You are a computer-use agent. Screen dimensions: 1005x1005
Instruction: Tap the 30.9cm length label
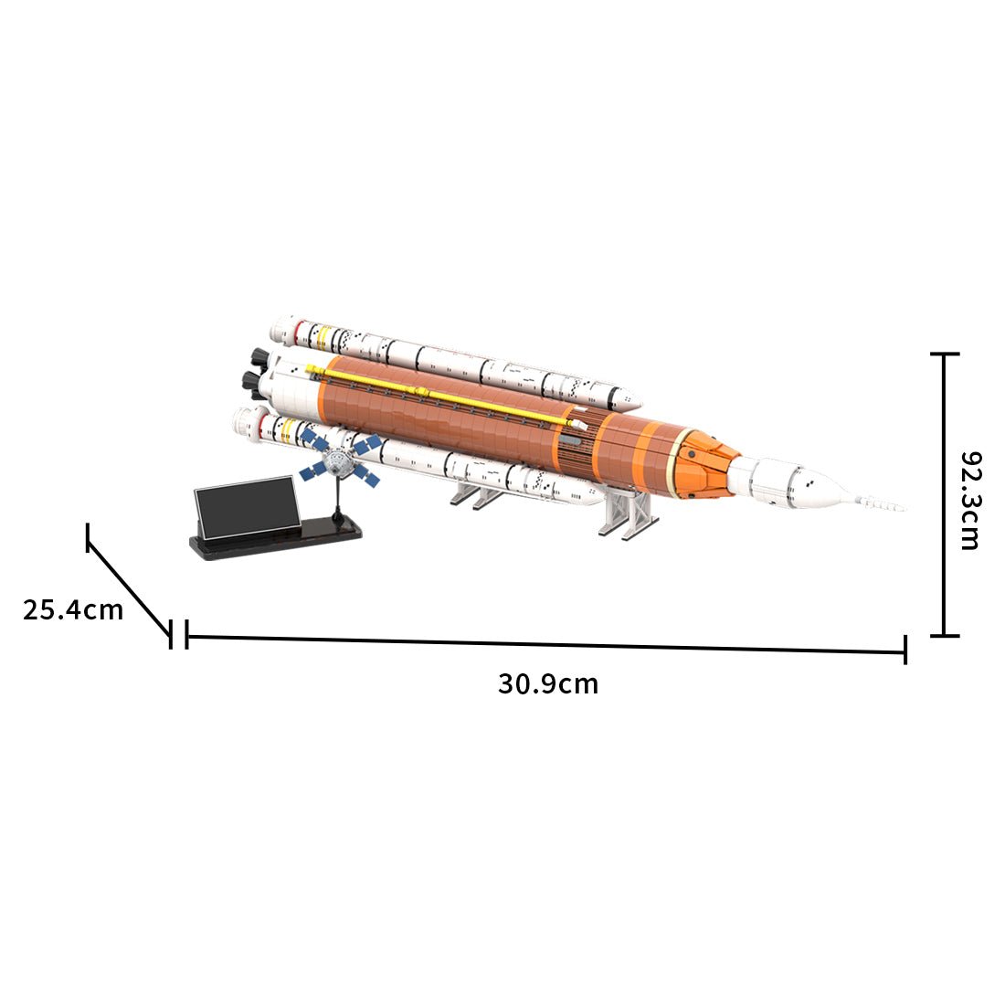(x=547, y=683)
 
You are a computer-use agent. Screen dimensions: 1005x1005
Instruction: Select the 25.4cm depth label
(x=73, y=609)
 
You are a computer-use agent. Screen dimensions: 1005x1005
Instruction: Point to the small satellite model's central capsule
(x=340, y=464)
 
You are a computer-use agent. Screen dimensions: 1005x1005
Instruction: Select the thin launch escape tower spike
(x=877, y=502)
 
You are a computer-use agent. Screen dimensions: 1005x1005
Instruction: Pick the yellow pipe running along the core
(x=439, y=395)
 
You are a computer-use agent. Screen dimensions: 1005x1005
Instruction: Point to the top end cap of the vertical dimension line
(x=944, y=354)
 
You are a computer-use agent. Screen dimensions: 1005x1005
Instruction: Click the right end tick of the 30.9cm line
(x=904, y=650)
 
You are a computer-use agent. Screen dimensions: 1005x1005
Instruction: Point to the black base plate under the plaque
(x=274, y=545)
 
